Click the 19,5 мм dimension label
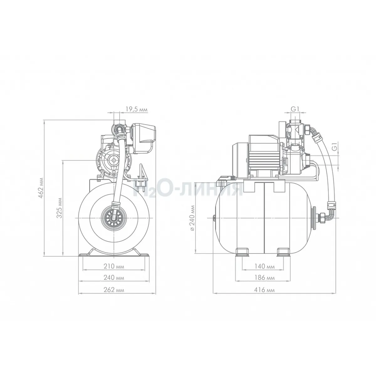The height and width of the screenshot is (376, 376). [x=136, y=109]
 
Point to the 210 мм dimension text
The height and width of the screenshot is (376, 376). [x=114, y=266]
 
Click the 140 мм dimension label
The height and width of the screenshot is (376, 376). [x=264, y=266]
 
